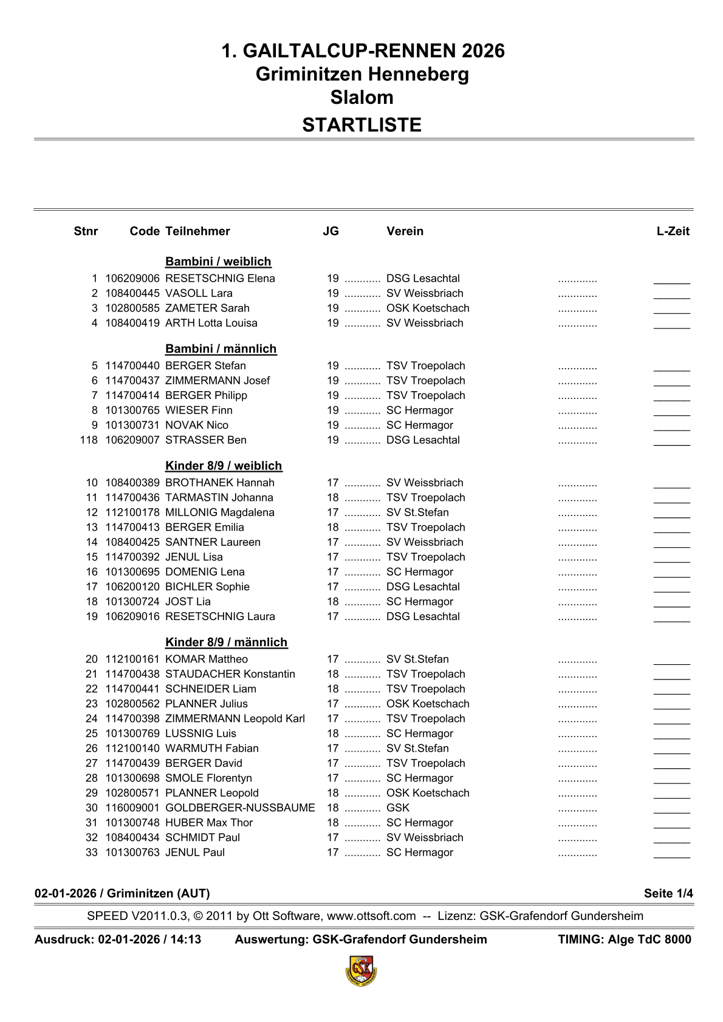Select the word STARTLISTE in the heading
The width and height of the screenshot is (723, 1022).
point(361,125)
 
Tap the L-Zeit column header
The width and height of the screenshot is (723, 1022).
point(673,231)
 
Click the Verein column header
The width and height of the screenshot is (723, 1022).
point(405,231)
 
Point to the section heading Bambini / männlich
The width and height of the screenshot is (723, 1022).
point(221,349)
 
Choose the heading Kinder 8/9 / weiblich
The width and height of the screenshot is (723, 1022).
point(224,466)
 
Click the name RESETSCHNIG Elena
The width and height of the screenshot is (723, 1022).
point(220,279)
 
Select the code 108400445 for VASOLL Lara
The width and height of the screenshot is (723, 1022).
point(132,293)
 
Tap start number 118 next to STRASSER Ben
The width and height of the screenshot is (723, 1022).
point(89,440)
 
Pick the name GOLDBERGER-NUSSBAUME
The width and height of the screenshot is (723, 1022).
point(240,808)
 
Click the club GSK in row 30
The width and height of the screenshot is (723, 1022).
point(398,808)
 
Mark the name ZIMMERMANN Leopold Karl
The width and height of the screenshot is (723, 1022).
point(235,719)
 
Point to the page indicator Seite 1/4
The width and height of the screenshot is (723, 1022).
point(668,893)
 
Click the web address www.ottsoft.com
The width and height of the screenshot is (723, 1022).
point(371,916)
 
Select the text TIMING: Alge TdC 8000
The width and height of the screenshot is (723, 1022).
point(624,939)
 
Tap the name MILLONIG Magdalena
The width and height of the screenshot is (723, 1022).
point(220,513)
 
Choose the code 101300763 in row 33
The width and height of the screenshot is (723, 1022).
point(132,853)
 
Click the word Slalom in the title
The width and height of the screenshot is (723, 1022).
point(361,98)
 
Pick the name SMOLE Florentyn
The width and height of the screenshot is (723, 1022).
point(208,778)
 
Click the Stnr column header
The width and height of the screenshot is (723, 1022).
point(86,231)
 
